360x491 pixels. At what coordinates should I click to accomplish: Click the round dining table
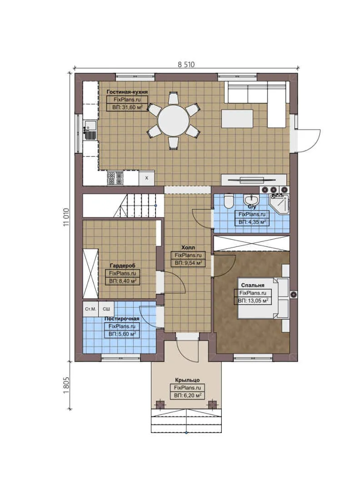coord(173,120)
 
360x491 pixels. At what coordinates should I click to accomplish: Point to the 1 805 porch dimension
coord(66,386)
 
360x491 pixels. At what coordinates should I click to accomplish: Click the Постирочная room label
coord(121,319)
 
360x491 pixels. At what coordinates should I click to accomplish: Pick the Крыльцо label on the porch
coord(187,380)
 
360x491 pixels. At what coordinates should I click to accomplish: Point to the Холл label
coord(188,247)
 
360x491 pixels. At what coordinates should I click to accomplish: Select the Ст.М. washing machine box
coord(90,309)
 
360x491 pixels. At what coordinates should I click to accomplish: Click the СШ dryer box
coord(106,309)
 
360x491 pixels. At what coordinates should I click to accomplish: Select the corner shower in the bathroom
coord(279,203)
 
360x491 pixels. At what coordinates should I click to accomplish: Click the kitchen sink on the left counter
coord(90,130)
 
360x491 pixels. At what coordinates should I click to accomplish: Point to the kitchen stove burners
coord(115,178)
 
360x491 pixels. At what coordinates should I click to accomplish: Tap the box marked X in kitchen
coord(146,178)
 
